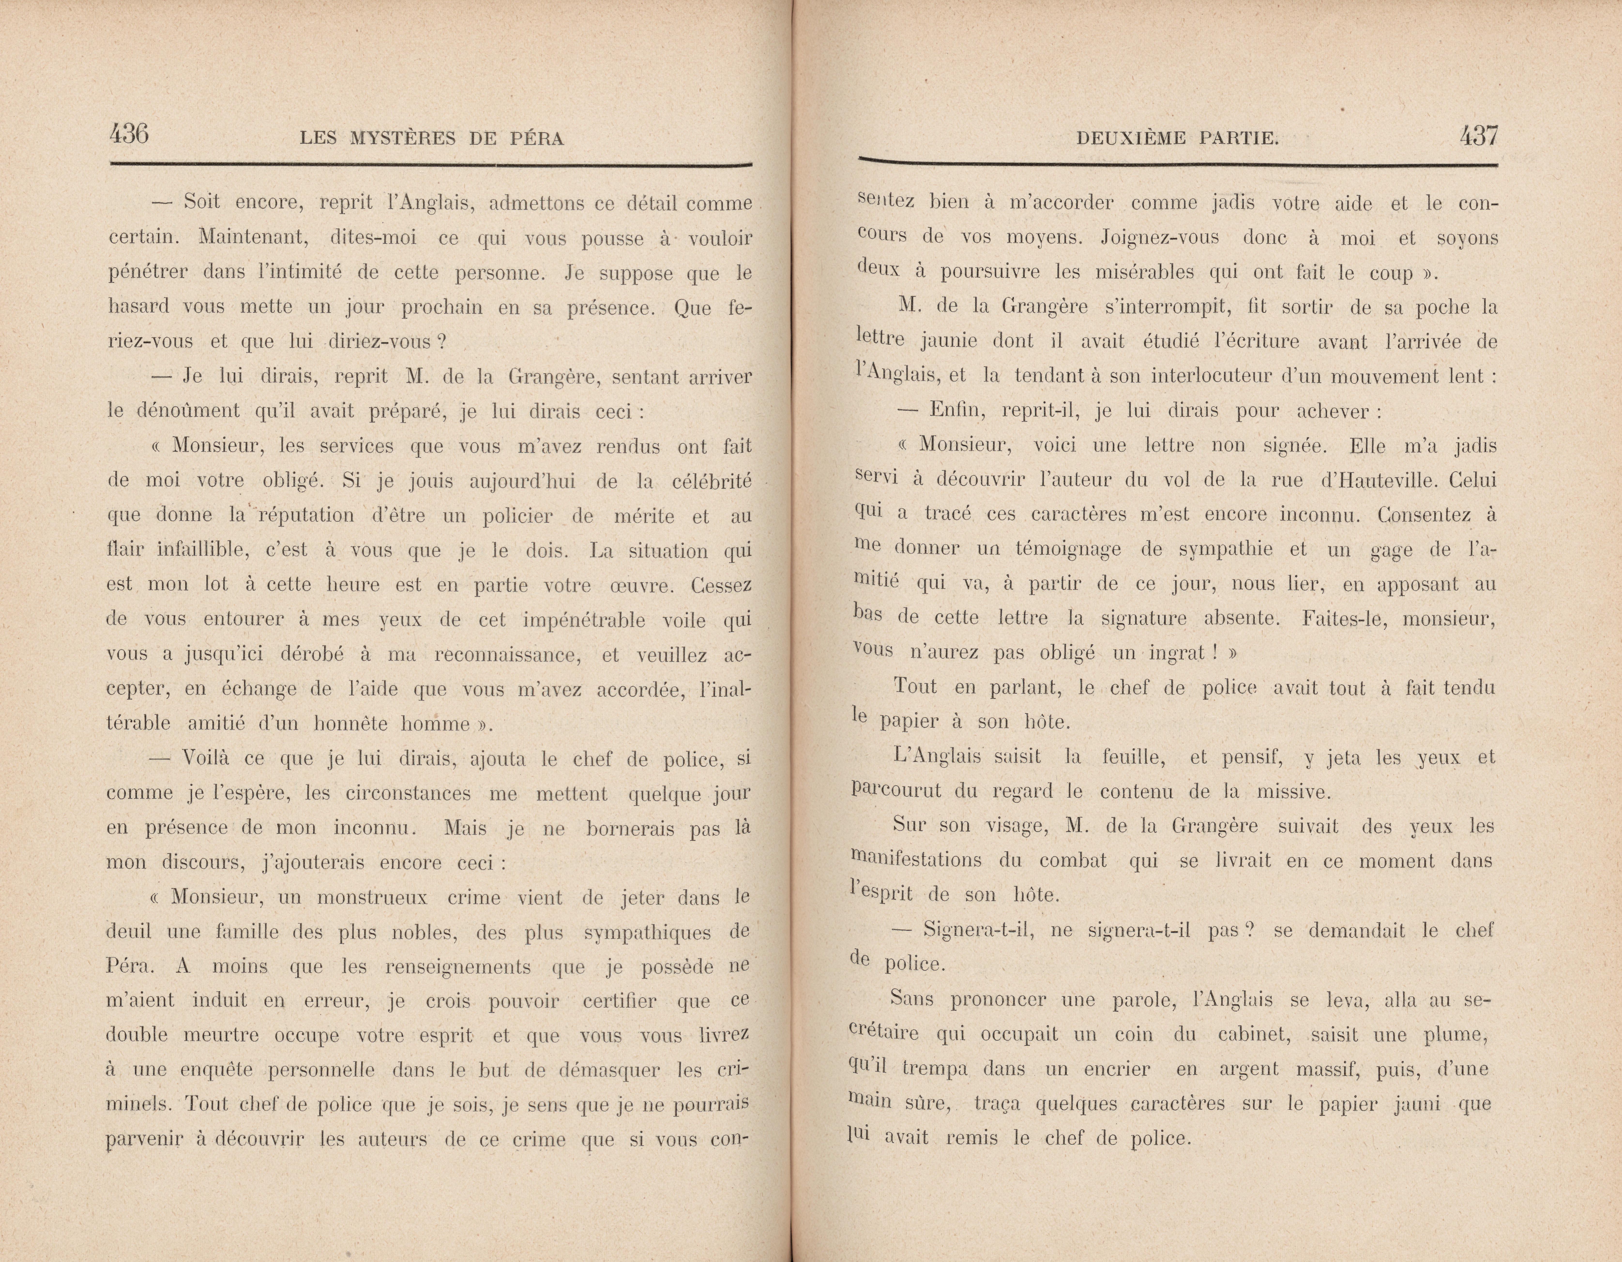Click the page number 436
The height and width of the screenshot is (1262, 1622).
[129, 135]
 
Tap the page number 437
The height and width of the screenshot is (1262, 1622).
[1478, 136]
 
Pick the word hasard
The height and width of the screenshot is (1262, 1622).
[138, 307]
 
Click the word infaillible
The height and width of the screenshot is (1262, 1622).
[202, 550]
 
